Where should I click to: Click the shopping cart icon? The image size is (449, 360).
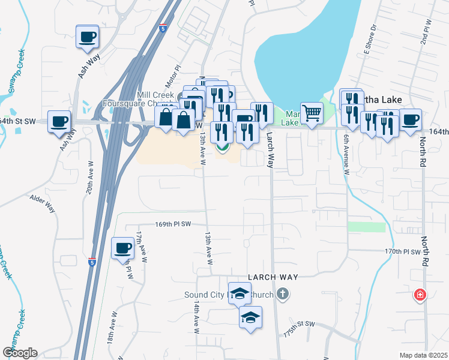tap(312, 112)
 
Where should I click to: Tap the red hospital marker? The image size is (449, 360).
tap(420, 295)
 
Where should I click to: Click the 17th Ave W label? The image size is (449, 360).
tap(142, 247)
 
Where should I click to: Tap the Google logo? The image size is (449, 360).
tap(20, 352)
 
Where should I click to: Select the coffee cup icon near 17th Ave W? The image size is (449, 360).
tap(123, 248)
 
